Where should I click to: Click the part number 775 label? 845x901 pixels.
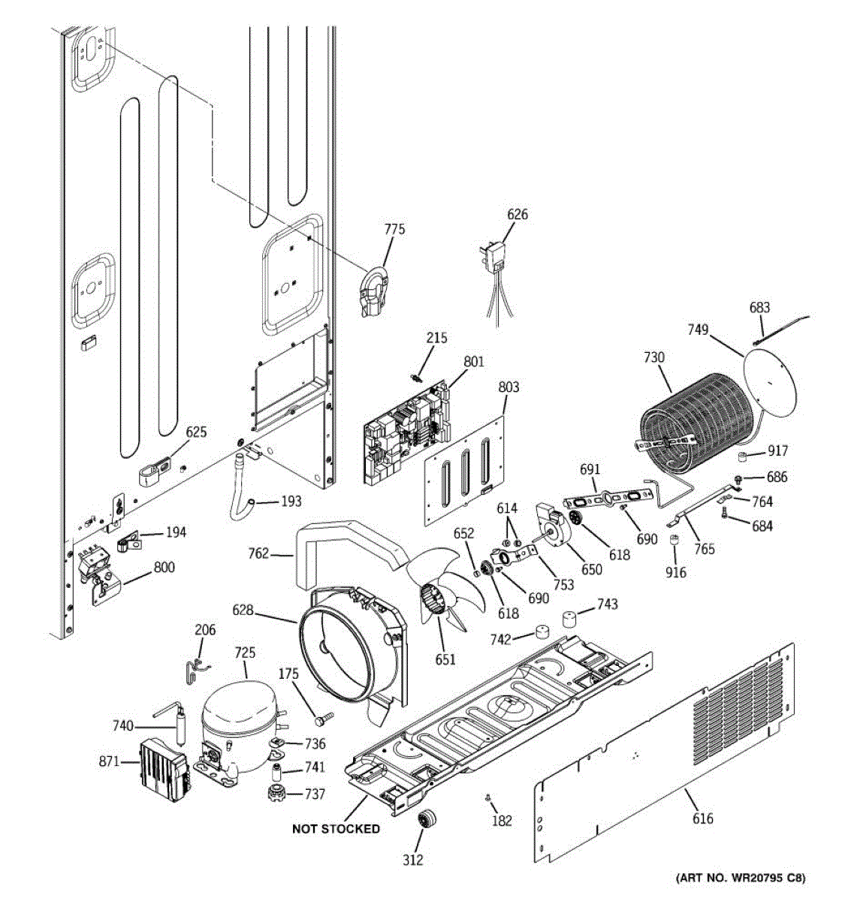[394, 228]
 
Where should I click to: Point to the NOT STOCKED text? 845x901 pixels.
[336, 829]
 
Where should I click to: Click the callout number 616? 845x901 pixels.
[703, 818]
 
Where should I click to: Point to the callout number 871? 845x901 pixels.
[109, 761]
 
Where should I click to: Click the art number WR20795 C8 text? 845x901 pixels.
[739, 877]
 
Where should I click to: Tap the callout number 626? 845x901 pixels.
[518, 214]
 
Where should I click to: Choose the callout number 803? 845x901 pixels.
[509, 387]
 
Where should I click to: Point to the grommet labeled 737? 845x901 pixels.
[278, 793]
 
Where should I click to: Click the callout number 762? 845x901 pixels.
[258, 554]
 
